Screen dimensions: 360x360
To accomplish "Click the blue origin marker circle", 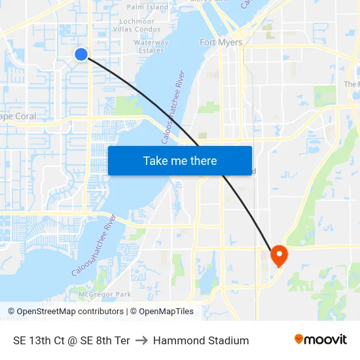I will click(81, 54).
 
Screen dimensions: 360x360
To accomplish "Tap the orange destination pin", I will click(279, 255).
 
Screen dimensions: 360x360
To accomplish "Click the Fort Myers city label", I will click(221, 43).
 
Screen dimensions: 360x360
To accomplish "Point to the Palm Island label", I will click(147, 7).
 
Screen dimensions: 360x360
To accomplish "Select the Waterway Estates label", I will click(151, 46).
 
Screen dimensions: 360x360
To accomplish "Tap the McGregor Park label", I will click(101, 295).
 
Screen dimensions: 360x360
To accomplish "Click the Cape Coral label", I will click(18, 117).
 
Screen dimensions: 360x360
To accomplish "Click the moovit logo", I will click(320, 339).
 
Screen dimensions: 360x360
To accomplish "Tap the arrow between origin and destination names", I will click(141, 340).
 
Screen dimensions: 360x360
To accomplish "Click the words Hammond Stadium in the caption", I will click(201, 340).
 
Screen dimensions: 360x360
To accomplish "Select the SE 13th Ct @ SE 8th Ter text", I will click(71, 340).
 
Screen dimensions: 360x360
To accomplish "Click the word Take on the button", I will click(156, 161).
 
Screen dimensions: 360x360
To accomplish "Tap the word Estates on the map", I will click(151, 50).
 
